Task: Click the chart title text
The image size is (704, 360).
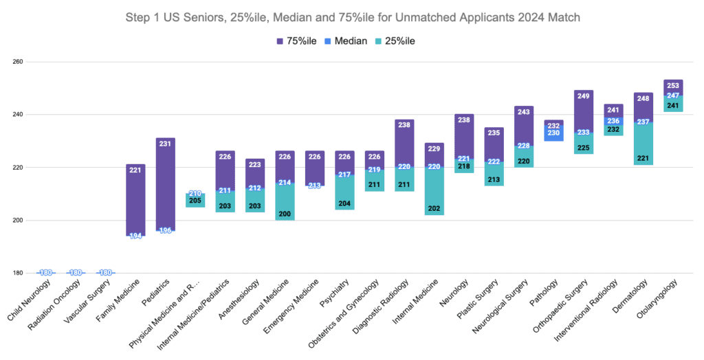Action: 352,16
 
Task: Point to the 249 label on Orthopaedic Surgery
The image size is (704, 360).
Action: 584,96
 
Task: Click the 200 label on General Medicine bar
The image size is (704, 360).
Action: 285,214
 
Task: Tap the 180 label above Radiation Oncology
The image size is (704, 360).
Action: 76,273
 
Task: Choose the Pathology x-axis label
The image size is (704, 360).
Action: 547,291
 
